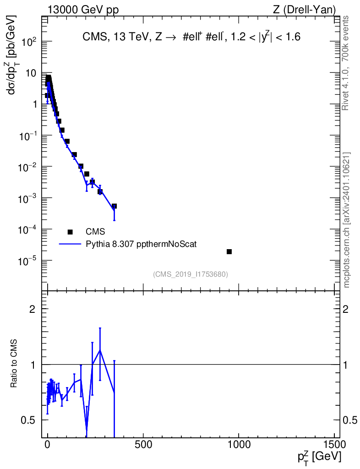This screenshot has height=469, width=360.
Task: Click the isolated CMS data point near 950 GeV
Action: click(229, 251)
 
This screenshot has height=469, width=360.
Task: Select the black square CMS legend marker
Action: click(70, 232)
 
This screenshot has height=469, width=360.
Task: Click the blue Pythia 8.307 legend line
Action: click(70, 244)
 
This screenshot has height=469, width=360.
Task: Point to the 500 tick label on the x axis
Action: click(143, 444)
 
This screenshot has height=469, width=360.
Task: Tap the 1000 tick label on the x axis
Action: click(239, 444)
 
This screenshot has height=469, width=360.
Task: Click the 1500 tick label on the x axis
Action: click(334, 444)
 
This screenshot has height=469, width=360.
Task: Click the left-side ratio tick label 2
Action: click(33, 309)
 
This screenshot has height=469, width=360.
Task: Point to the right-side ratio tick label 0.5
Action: click(350, 420)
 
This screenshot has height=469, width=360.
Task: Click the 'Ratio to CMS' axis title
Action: click(13, 363)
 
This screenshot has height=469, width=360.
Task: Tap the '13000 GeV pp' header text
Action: click(83, 10)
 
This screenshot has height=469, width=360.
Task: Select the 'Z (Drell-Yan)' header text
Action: click(304, 10)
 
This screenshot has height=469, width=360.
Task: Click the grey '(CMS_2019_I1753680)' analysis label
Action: click(191, 274)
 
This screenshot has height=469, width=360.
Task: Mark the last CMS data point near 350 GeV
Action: click(114, 206)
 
